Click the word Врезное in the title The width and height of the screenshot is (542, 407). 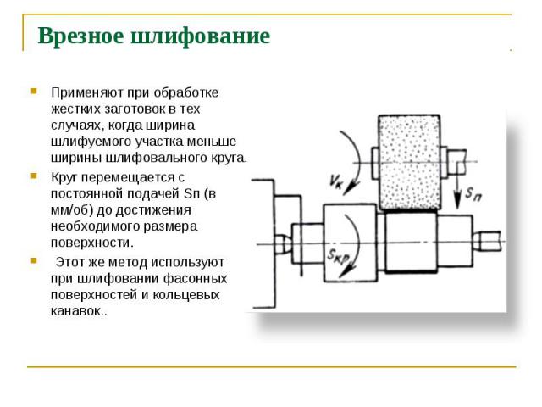point(80,36)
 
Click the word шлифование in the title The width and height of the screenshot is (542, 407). point(201,36)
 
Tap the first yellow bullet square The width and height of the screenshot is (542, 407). point(34,92)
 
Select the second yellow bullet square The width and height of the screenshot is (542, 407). point(34,176)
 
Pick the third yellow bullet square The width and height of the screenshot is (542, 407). point(34,260)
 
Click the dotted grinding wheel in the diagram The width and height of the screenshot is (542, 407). point(410,163)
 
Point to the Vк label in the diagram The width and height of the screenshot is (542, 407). point(336,181)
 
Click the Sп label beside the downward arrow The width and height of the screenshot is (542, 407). point(473,194)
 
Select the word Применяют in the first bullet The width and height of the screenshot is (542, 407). point(87,92)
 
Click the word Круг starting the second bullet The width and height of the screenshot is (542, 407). point(64,178)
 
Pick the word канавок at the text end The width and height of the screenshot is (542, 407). point(75,311)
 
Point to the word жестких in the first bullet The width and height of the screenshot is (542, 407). point(75,109)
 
